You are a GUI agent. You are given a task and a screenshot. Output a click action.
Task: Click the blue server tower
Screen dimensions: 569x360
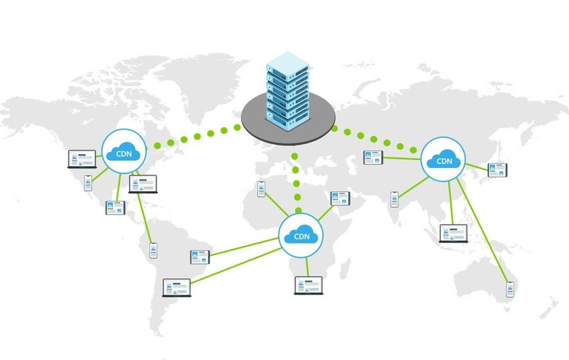point(288,91)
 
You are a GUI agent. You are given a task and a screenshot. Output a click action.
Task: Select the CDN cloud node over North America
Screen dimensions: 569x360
point(124,151)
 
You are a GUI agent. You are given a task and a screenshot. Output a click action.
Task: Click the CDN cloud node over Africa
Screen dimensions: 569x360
point(301,235)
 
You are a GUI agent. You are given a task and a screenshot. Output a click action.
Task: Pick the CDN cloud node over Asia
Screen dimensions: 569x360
point(443,159)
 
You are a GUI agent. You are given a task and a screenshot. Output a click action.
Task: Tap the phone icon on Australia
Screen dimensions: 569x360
point(510,289)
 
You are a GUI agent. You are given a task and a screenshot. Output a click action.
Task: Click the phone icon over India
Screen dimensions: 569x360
point(394,199)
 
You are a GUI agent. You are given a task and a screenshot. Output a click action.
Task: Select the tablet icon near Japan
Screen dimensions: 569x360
point(498,171)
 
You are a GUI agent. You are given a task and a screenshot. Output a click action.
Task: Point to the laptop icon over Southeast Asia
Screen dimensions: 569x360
point(454,233)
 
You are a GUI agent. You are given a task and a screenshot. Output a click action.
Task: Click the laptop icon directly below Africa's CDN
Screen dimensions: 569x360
point(308,285)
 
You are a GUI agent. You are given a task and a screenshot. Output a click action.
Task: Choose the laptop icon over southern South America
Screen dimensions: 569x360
point(177,288)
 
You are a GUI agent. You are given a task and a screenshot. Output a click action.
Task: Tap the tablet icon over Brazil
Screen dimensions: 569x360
point(200,257)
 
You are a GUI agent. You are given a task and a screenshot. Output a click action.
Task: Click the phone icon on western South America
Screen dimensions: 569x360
point(153,251)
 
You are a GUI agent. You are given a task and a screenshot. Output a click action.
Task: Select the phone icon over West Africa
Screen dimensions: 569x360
point(261,189)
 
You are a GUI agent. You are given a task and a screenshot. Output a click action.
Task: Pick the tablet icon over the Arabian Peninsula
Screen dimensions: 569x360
point(340,199)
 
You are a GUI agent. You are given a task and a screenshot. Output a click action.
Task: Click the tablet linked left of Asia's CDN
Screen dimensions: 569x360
point(373,157)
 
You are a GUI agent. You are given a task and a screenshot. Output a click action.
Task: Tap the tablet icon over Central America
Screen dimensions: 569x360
point(115,208)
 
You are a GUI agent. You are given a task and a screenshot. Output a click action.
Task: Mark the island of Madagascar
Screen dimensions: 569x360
point(346,268)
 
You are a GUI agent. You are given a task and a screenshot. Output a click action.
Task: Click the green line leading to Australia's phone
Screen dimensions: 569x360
point(482,230)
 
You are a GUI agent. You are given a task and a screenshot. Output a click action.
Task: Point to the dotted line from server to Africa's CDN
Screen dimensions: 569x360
point(296,183)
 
